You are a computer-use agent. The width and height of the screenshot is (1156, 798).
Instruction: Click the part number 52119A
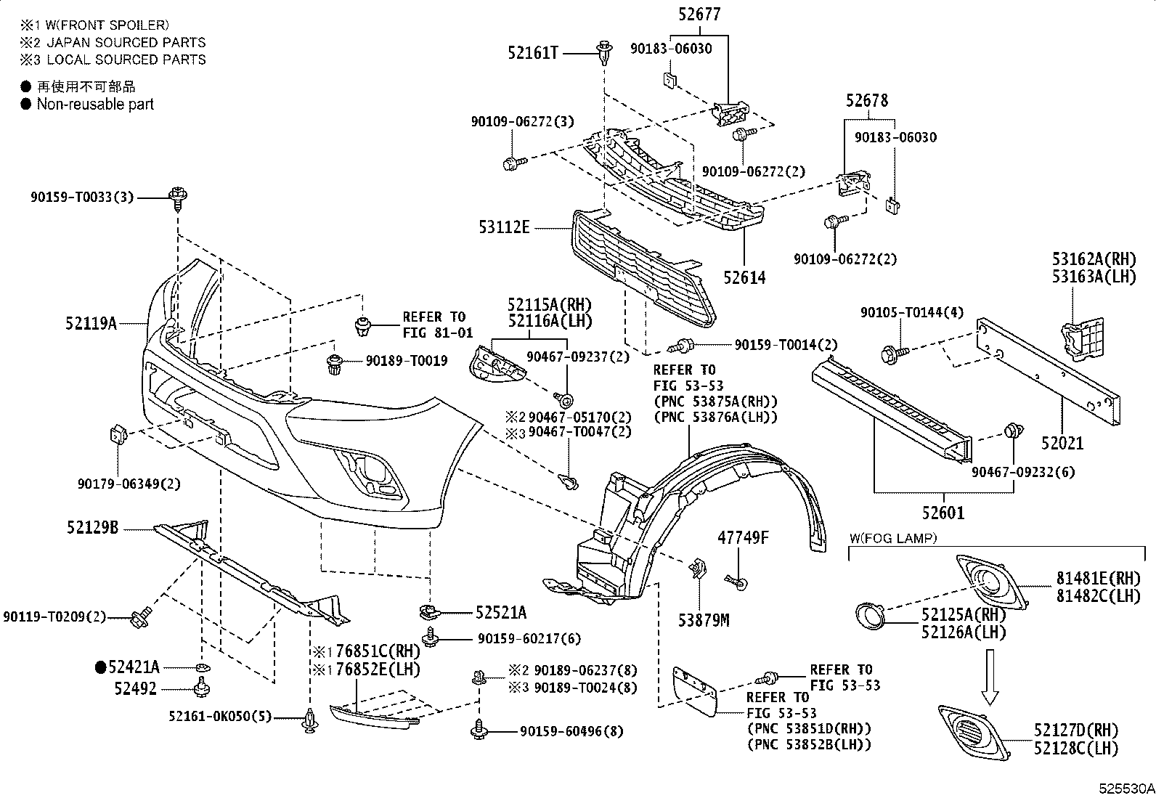point(91,324)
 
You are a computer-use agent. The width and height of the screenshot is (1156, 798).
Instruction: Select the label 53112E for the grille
point(504,227)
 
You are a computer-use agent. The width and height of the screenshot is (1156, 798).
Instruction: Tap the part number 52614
point(744,277)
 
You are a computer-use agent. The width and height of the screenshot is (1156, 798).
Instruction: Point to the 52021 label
point(1062,443)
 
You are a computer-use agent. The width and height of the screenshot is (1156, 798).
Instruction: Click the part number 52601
point(943,513)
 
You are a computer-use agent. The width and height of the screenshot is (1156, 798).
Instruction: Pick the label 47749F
point(743,538)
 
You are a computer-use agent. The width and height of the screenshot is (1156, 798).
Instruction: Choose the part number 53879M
point(704,620)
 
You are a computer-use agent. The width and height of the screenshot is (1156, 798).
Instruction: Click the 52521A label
point(500,613)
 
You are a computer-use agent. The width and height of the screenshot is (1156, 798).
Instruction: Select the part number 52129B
point(92,527)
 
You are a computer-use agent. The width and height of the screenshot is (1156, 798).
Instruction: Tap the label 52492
point(135,688)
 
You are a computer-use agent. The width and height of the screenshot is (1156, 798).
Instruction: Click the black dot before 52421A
point(101,667)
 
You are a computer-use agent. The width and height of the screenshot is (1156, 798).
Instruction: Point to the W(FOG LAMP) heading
point(893,538)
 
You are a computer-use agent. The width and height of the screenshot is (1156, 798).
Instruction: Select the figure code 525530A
point(1126,789)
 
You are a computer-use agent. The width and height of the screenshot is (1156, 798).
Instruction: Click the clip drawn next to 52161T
point(604,53)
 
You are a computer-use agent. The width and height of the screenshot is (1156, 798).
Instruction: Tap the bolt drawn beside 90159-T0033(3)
point(178,199)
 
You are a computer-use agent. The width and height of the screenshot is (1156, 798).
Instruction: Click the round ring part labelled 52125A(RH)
point(870,616)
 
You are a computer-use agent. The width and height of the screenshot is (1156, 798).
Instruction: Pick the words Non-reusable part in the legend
point(95,105)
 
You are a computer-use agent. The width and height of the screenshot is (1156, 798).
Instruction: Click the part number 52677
point(699,15)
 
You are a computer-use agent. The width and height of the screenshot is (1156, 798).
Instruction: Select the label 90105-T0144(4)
point(911,312)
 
